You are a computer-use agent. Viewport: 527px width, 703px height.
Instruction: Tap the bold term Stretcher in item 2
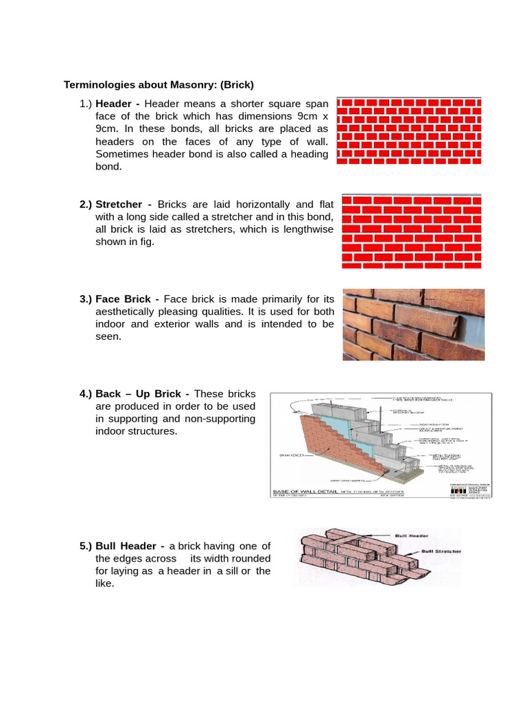coord(119,205)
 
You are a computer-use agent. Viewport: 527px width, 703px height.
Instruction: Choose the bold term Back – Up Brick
coord(138,394)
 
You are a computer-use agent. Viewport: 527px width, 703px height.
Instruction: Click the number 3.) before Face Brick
coord(86,299)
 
